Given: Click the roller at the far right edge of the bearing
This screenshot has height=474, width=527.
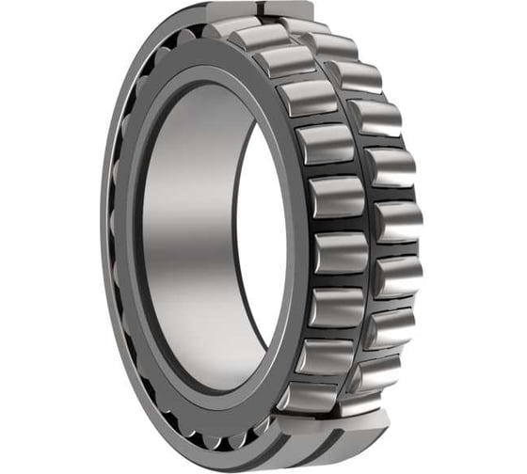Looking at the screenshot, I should pos(399,221).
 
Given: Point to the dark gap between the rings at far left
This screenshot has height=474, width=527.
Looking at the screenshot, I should pos(115,235).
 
